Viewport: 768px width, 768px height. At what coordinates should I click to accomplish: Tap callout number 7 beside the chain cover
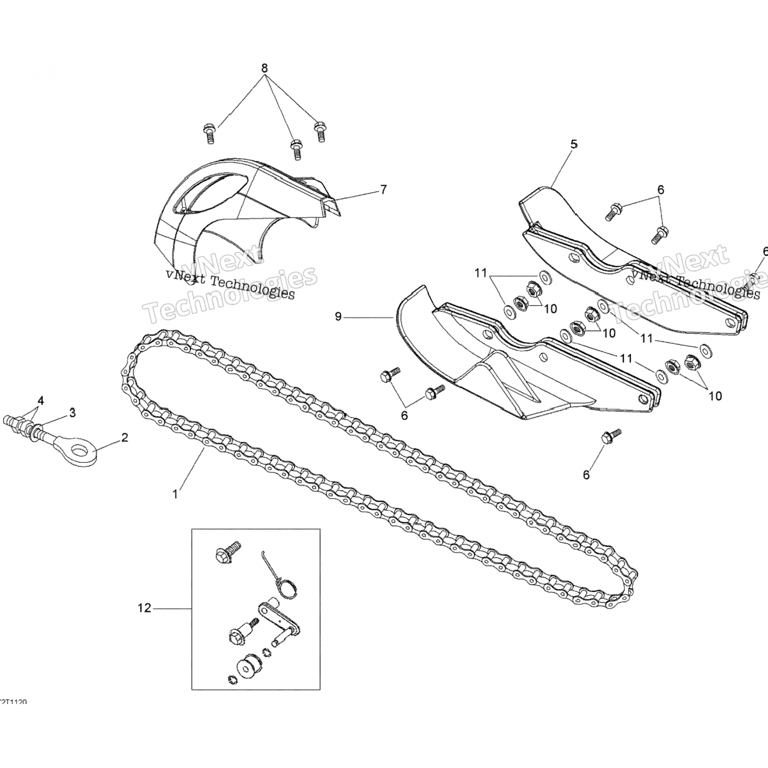click(x=383, y=190)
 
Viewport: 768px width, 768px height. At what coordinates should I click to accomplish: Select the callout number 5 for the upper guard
click(x=574, y=144)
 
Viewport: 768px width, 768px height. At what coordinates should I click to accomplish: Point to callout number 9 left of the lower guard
click(x=338, y=317)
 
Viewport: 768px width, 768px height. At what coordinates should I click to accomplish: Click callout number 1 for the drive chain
click(x=175, y=494)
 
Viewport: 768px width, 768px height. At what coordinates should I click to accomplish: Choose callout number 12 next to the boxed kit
click(x=144, y=608)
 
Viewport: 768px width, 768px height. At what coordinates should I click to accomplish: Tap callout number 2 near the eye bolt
click(x=124, y=437)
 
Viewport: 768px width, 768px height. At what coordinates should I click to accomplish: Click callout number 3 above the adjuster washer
click(x=72, y=412)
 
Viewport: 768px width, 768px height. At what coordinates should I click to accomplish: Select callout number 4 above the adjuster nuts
click(x=40, y=400)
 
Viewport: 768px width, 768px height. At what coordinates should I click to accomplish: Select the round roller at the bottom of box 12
click(x=249, y=667)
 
